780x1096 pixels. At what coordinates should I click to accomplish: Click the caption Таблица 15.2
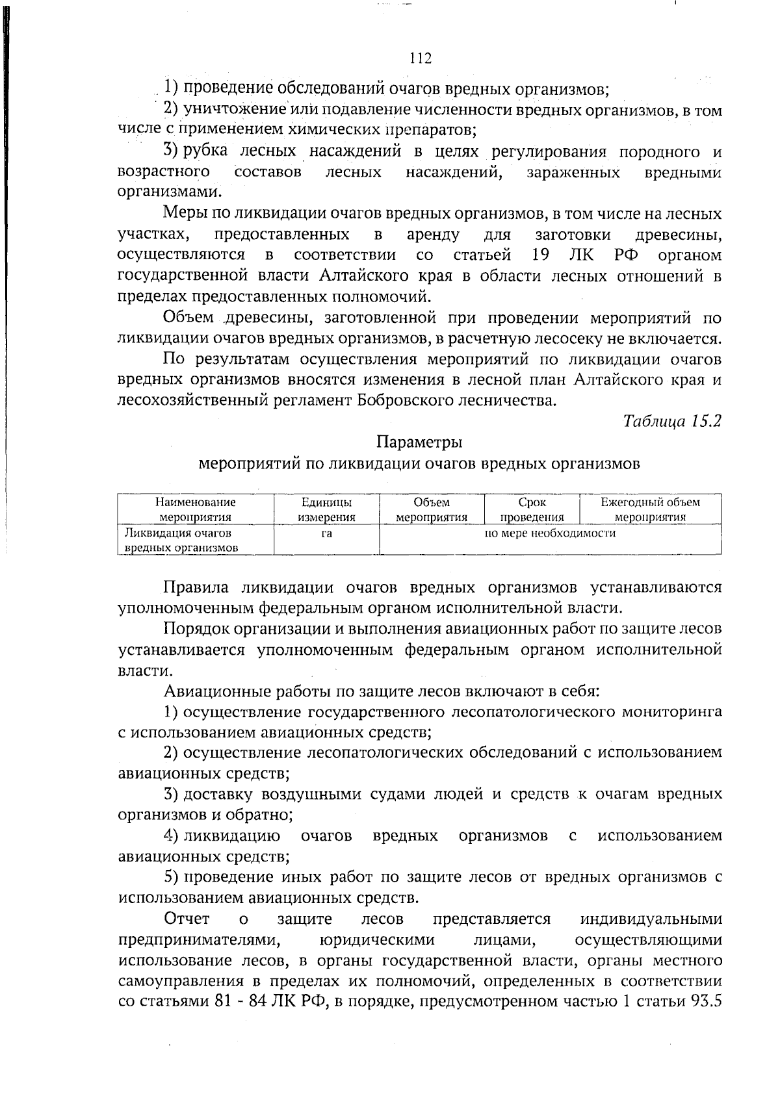coord(673,421)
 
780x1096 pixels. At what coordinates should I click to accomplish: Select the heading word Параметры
coord(419,442)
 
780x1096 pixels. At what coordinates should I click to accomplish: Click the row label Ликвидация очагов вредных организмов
coord(181,541)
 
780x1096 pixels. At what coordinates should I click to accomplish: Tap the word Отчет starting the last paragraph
coord(187,919)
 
